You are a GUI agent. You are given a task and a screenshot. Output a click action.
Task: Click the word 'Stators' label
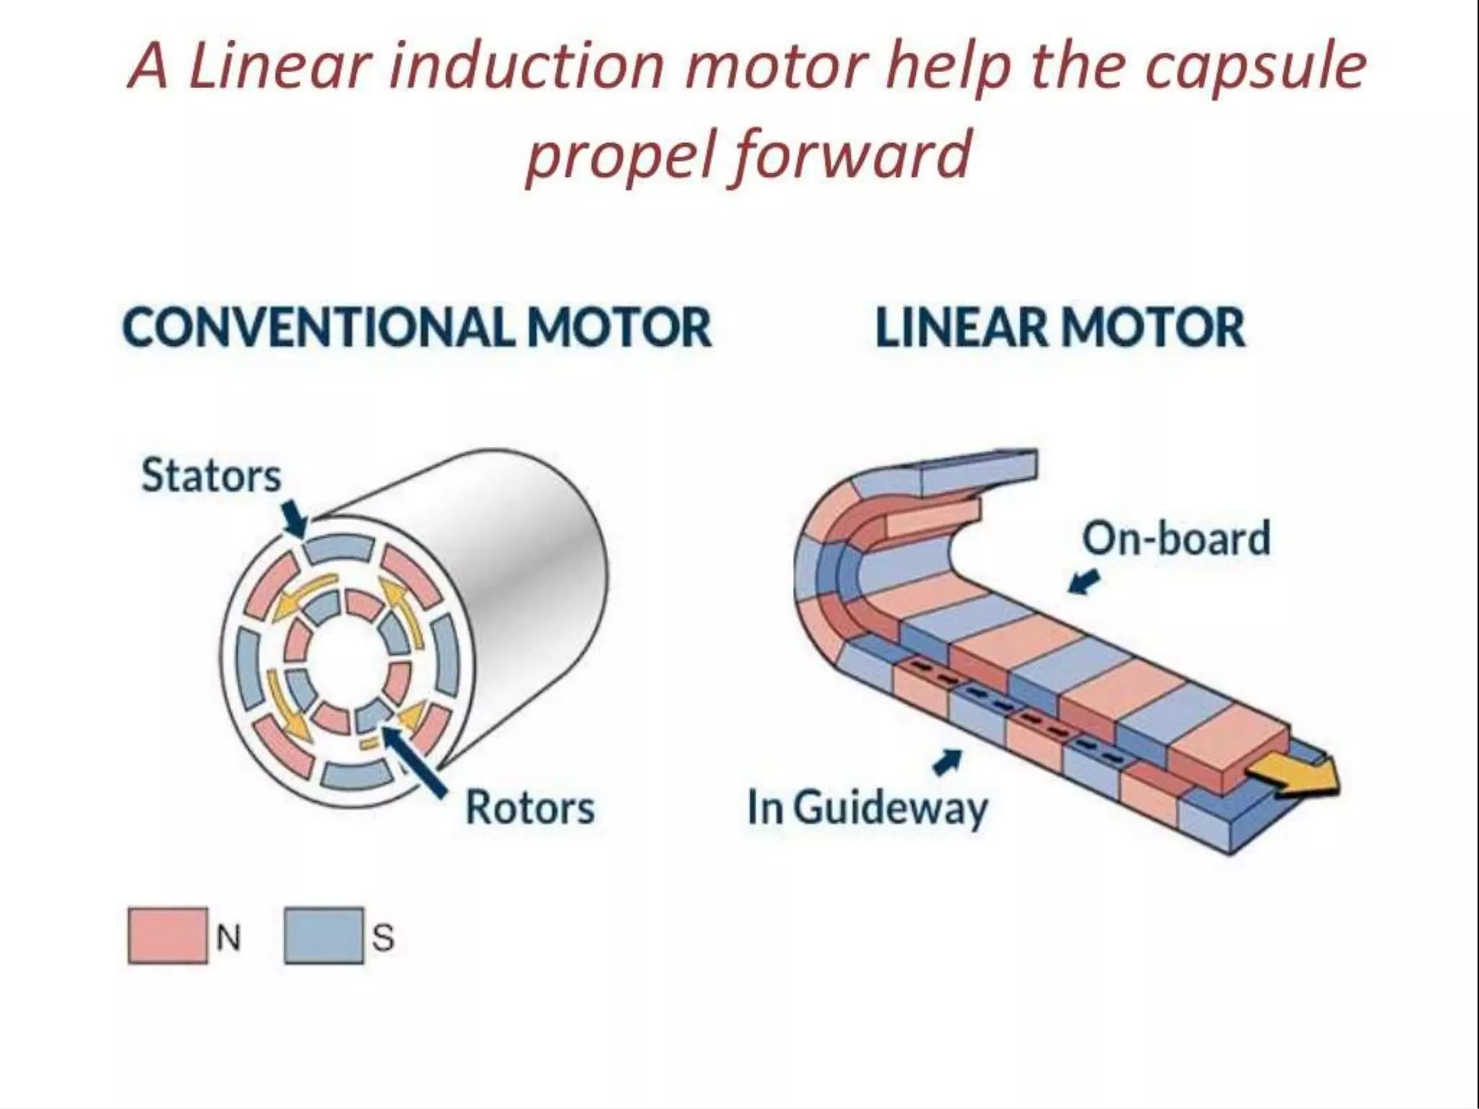tap(211, 476)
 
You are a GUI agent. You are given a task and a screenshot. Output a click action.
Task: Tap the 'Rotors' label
tap(529, 807)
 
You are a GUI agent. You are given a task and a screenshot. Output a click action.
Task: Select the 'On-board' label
tap(1176, 539)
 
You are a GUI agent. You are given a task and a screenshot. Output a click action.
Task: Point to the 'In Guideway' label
tap(867, 808)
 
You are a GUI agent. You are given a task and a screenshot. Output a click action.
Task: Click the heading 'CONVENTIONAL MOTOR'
tap(417, 328)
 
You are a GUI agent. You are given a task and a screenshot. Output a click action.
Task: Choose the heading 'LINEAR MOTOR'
tap(1059, 328)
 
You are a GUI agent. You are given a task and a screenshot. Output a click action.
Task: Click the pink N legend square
tap(168, 936)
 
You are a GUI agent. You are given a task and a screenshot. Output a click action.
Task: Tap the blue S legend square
tap(324, 936)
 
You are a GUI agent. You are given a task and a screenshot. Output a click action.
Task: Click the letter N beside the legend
tap(228, 938)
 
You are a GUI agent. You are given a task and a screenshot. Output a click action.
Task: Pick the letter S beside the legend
tap(383, 938)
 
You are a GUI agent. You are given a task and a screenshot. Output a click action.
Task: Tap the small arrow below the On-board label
tap(1084, 580)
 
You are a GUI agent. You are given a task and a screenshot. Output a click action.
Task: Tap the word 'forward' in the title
tap(852, 154)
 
